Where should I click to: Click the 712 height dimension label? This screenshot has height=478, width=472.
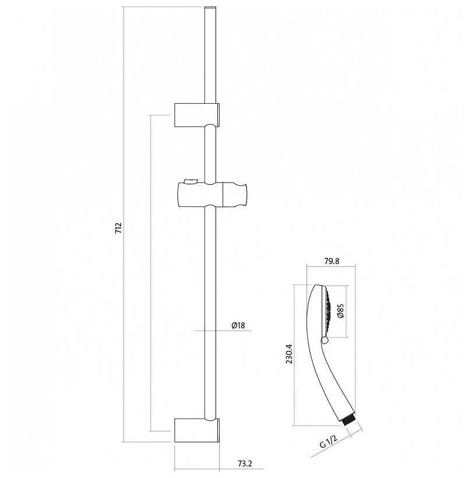[x=118, y=228]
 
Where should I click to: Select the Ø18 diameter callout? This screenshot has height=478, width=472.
[x=238, y=325]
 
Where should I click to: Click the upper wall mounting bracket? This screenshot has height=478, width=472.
[x=197, y=114]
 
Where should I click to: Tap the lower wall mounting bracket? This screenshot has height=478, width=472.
[x=197, y=431]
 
